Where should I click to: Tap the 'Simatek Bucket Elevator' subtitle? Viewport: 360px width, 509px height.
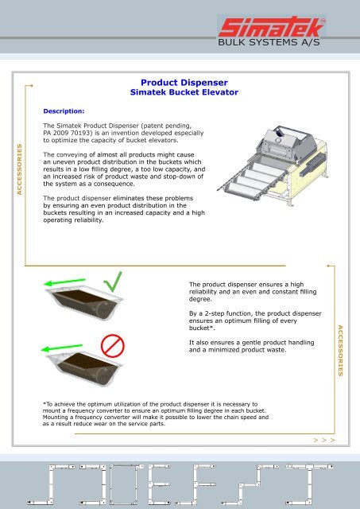[x=184, y=93]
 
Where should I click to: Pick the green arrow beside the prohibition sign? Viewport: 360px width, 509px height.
[x=63, y=349]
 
